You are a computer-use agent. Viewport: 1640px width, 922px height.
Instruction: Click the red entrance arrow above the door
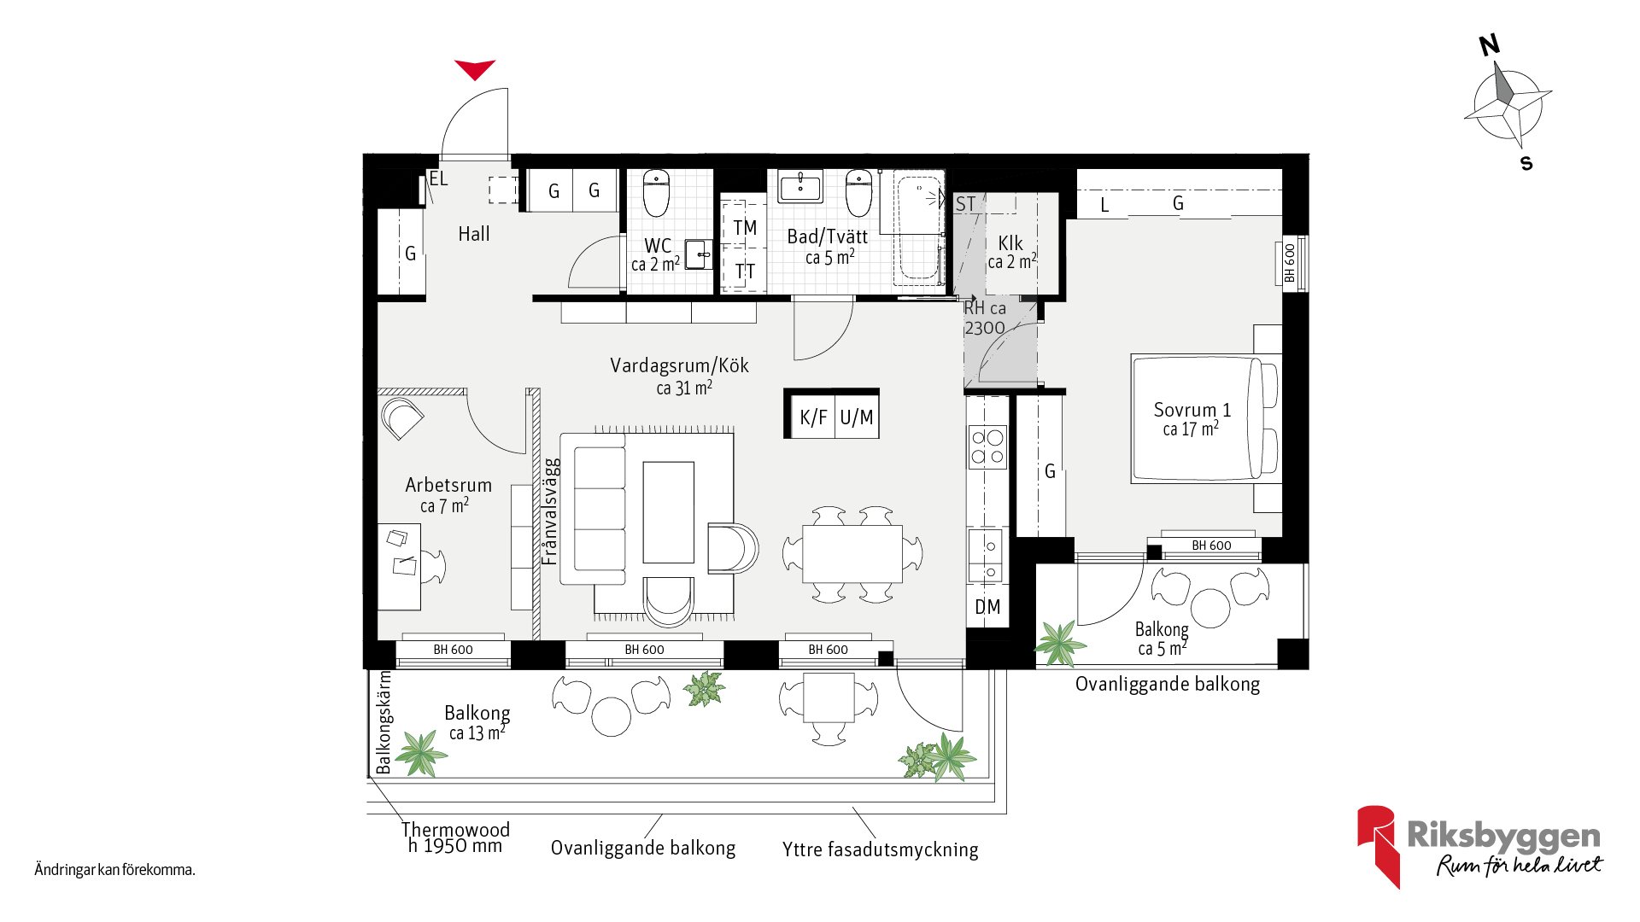(x=475, y=69)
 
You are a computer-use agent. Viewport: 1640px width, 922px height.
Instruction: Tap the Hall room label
(x=474, y=234)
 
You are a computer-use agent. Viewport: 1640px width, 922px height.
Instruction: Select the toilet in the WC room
(x=656, y=193)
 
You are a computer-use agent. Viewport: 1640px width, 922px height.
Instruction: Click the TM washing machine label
(x=745, y=228)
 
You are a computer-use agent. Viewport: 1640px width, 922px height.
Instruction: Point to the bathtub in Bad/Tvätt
(x=919, y=230)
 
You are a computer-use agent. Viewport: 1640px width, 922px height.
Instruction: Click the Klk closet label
(x=1010, y=243)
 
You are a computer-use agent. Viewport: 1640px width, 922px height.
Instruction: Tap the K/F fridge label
(x=813, y=417)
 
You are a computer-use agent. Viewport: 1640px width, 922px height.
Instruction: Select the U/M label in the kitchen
(x=857, y=417)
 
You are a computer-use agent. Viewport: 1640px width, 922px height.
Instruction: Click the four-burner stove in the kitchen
(x=987, y=446)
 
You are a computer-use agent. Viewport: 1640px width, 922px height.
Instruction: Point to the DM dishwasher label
(x=987, y=607)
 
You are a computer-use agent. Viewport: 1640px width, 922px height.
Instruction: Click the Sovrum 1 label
(x=1192, y=410)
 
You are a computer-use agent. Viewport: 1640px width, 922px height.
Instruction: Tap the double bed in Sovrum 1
(x=1205, y=419)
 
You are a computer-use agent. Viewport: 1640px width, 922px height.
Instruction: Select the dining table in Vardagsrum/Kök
(x=852, y=553)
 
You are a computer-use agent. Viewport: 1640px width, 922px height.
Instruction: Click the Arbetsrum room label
(x=448, y=485)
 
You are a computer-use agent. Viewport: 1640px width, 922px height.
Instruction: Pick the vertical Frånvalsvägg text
(x=551, y=511)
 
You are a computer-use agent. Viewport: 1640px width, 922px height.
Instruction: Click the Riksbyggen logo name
(x=1503, y=835)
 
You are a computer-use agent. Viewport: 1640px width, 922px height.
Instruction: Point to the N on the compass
(x=1489, y=44)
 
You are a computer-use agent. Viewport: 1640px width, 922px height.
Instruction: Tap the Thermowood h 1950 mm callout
(x=455, y=837)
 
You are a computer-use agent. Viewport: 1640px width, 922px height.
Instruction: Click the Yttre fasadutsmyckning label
(x=881, y=849)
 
